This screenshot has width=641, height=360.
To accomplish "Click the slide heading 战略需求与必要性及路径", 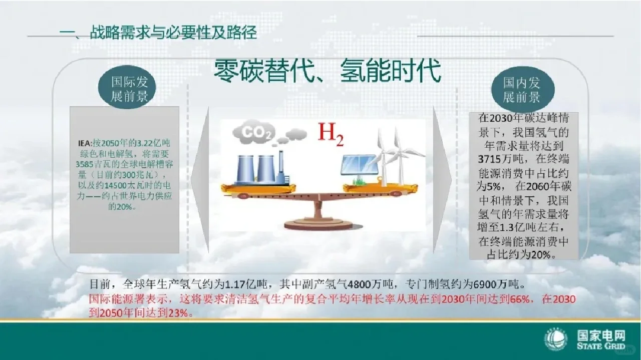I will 173,33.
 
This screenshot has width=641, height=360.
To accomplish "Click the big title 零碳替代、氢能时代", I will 328,71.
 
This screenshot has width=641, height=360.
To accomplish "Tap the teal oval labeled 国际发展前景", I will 130,89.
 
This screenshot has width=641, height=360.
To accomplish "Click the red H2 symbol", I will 331,134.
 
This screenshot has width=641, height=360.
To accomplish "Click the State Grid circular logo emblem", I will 556,339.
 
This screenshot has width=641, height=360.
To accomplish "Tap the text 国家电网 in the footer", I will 600,335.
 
